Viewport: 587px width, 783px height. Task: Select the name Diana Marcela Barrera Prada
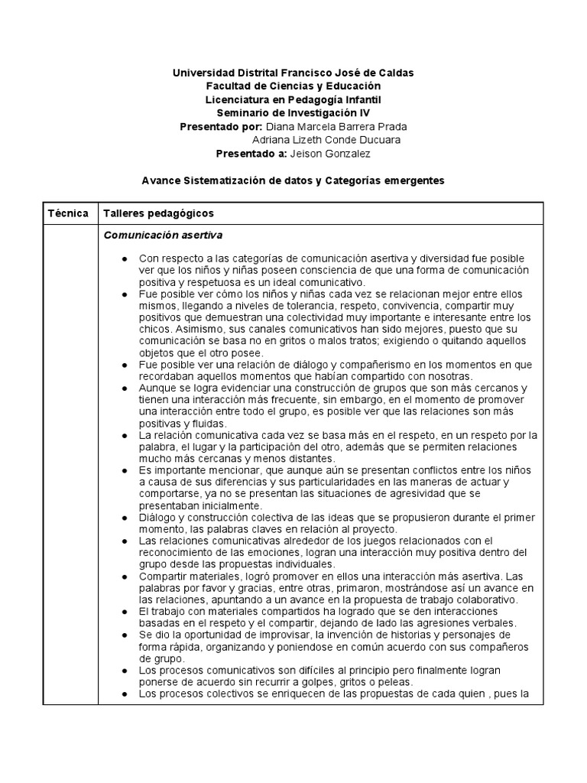(x=336, y=126)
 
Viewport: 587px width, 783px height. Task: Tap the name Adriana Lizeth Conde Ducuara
(x=326, y=140)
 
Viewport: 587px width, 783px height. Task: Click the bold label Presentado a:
(x=251, y=154)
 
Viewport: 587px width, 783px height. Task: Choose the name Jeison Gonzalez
(x=329, y=154)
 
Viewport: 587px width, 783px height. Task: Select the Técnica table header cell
(x=68, y=213)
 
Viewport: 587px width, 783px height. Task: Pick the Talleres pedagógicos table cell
(x=158, y=213)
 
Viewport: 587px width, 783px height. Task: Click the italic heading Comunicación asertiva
(x=163, y=234)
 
